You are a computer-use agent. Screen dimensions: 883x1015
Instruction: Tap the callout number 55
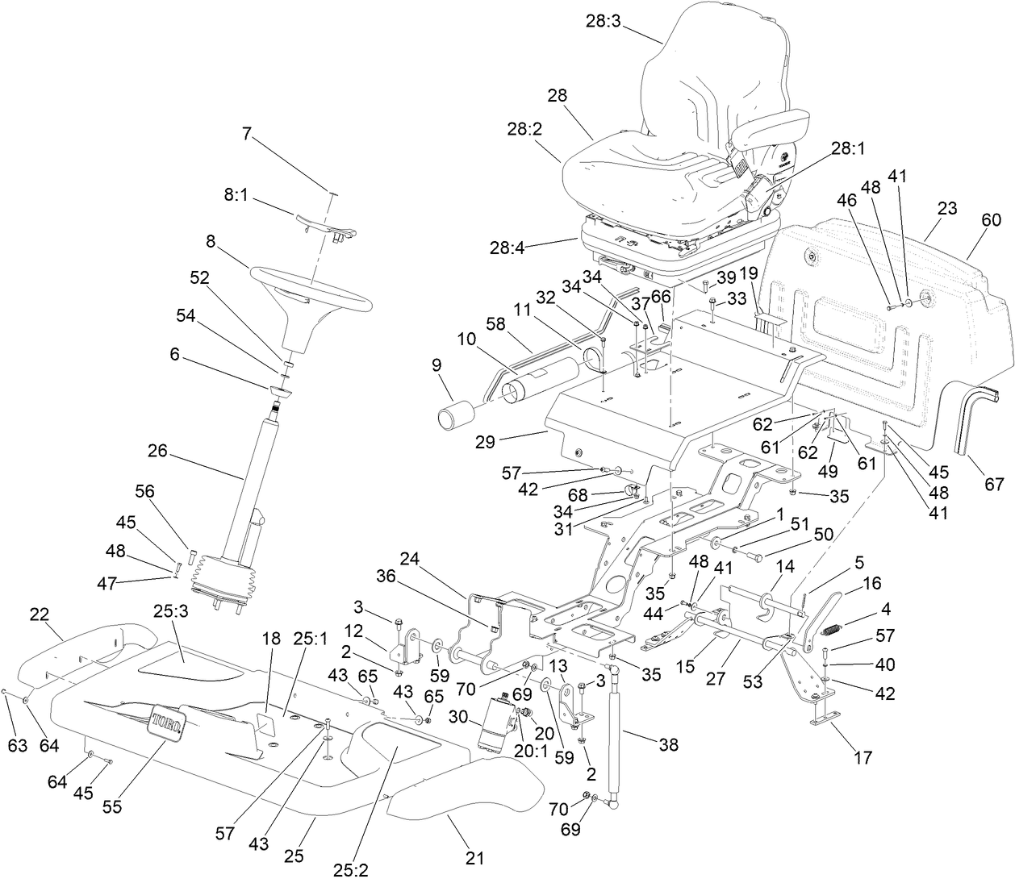coord(112,806)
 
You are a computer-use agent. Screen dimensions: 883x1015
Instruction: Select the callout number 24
coord(410,558)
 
